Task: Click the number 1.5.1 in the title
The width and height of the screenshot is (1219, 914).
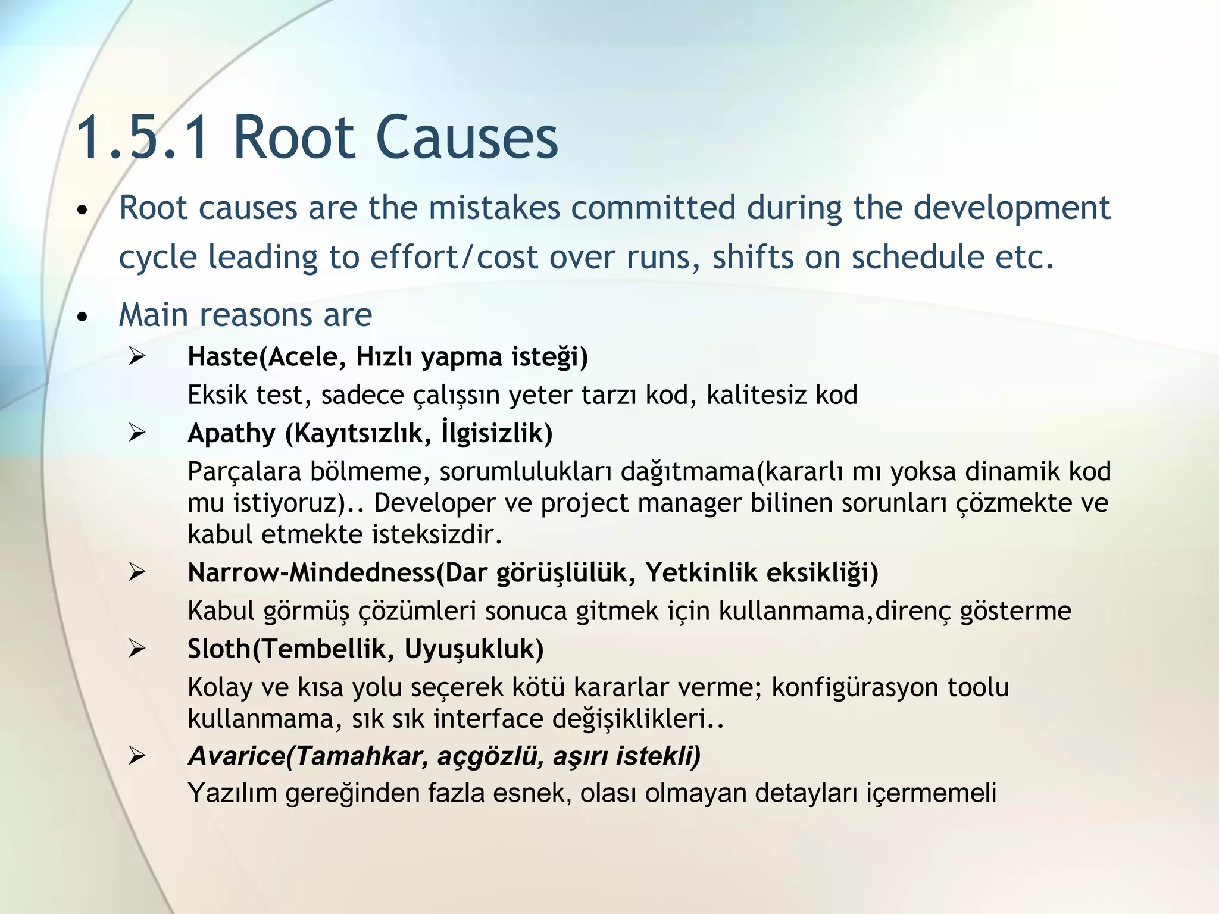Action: pyautogui.click(x=143, y=138)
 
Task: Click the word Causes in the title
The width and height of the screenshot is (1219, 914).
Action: pyautogui.click(x=466, y=138)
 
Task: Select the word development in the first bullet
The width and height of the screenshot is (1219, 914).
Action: pyautogui.click(x=1011, y=209)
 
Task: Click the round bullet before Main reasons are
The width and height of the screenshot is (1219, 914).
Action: pyautogui.click(x=83, y=316)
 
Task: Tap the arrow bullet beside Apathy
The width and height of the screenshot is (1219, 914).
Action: pyautogui.click(x=137, y=433)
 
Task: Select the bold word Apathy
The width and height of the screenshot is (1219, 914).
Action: pyautogui.click(x=232, y=433)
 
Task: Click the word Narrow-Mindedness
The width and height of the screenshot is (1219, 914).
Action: pyautogui.click(x=311, y=572)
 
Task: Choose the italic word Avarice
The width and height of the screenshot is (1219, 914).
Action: pyautogui.click(x=236, y=756)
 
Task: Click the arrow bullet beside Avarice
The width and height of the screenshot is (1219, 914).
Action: pyautogui.click(x=137, y=756)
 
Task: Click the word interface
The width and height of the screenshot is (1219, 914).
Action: pyautogui.click(x=487, y=718)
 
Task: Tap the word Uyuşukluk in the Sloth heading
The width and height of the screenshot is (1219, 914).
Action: pyautogui.click(x=474, y=649)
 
